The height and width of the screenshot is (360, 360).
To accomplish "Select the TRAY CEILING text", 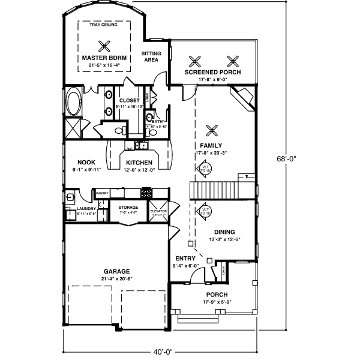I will [x=103, y=25].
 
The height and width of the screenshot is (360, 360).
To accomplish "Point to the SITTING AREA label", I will [x=151, y=57].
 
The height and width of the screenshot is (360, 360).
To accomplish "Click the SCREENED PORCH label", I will [x=212, y=72].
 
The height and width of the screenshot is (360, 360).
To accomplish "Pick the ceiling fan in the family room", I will [x=211, y=130].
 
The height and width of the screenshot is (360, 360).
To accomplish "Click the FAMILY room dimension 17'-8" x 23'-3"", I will [x=212, y=153].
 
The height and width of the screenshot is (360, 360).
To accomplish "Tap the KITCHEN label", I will [x=138, y=163].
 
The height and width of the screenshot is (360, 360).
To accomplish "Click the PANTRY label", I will [x=102, y=193].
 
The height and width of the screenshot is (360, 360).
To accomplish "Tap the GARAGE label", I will [x=116, y=271].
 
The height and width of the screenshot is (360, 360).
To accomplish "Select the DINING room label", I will [x=224, y=232].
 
